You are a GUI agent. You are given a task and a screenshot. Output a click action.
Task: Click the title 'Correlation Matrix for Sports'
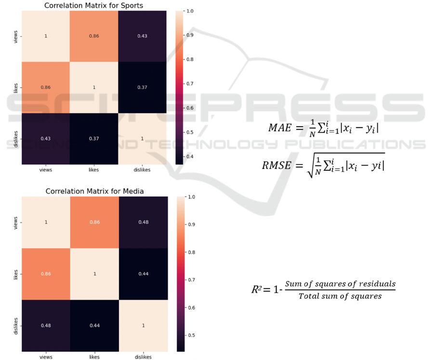pyautogui.click(x=94, y=6)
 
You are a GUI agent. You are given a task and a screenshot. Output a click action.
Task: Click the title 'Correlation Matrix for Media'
pyautogui.click(x=94, y=191)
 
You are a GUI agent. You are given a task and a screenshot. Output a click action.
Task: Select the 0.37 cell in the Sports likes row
pyautogui.click(x=143, y=87)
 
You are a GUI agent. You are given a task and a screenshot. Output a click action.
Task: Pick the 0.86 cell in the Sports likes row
pyautogui.click(x=45, y=87)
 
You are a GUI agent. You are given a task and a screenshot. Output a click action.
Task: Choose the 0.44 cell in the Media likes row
pyautogui.click(x=143, y=274)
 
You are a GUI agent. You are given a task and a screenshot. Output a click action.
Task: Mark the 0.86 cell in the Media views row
pyautogui.click(x=94, y=222)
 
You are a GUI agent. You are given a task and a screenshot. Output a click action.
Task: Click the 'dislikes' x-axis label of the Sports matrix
pyautogui.click(x=143, y=170)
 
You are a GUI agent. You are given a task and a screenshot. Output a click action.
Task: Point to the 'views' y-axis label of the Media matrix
pyautogui.click(x=16, y=222)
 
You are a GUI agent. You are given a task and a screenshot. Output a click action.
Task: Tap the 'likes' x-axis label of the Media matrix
pyautogui.click(x=94, y=356)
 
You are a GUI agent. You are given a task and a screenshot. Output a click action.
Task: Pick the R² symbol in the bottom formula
pyautogui.click(x=257, y=290)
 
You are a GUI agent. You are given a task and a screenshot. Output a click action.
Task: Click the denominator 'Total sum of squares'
pyautogui.click(x=340, y=296)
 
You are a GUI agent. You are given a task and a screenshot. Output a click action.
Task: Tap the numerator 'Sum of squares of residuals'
pyautogui.click(x=340, y=284)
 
